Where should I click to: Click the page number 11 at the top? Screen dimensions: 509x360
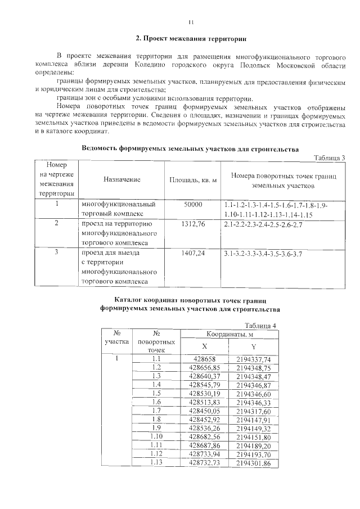tap(191, 22)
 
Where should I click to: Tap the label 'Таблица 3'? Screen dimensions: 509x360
tap(330, 157)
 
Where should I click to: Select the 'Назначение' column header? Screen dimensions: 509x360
tap(121, 179)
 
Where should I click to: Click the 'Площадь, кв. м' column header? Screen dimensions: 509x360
tap(193, 179)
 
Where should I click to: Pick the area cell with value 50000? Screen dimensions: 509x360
tap(193, 205)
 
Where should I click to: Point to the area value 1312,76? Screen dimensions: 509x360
tap(193, 224)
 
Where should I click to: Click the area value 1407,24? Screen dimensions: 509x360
tap(193, 254)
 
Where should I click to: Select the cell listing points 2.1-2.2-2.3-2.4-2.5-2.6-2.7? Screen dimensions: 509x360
tap(263, 224)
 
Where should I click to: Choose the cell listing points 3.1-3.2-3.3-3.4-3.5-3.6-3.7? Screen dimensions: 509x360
tap(263, 254)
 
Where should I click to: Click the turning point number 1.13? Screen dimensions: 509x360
tap(156, 462)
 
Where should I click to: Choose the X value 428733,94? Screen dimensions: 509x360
tap(204, 454)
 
